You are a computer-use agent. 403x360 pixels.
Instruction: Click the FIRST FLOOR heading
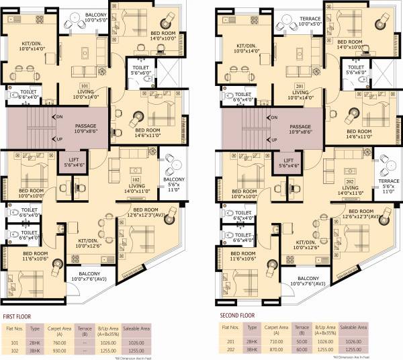point(21,314)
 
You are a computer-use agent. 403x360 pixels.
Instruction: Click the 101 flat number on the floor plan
point(85,87)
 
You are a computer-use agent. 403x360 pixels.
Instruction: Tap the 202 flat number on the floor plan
point(349,182)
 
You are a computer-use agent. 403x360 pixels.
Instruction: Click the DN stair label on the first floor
point(59,117)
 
